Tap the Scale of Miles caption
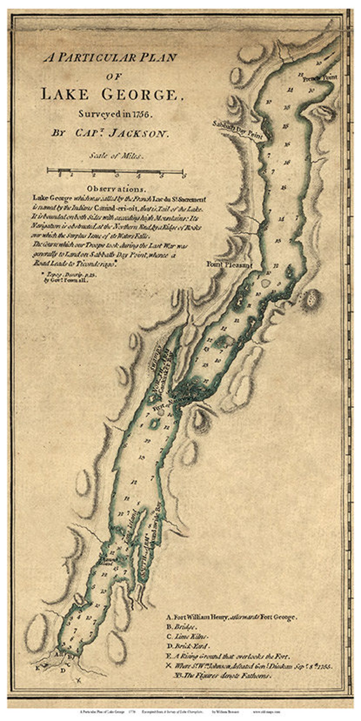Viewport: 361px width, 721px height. (117, 156)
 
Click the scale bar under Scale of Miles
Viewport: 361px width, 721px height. (116, 171)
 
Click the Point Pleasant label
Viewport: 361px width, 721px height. (229, 264)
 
